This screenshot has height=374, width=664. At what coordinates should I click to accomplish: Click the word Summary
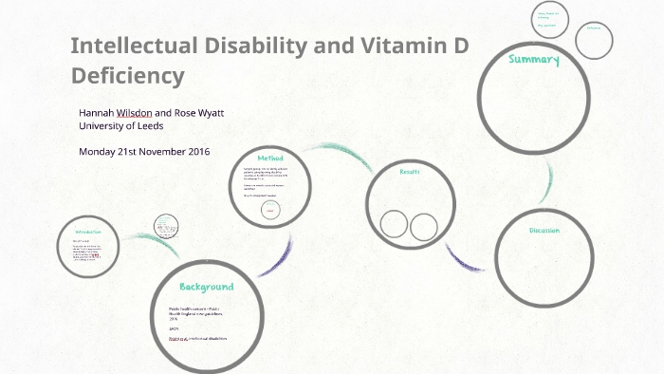click(x=534, y=60)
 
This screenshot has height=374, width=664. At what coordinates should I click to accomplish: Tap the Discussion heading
click(x=544, y=230)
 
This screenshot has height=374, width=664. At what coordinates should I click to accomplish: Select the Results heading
click(x=409, y=172)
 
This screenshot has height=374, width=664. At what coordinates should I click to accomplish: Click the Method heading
click(x=270, y=157)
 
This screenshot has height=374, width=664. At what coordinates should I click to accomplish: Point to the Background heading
click(x=206, y=286)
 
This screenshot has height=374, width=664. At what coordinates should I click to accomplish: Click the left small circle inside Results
click(x=394, y=224)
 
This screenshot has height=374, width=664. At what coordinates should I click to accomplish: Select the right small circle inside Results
click(x=424, y=227)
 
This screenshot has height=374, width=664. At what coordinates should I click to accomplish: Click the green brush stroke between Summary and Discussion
click(x=548, y=181)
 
